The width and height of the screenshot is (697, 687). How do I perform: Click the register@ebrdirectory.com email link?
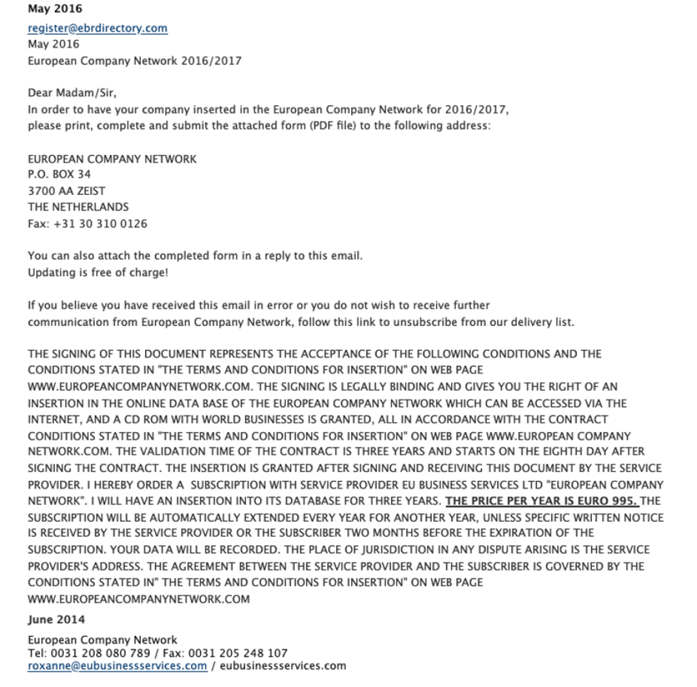(x=97, y=28)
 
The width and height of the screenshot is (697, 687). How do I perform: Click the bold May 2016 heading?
(x=55, y=10)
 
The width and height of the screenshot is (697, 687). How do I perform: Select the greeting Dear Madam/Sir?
(x=72, y=93)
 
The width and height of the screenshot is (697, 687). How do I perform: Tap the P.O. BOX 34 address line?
(x=59, y=174)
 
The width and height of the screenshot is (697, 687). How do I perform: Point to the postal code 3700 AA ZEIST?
(x=66, y=191)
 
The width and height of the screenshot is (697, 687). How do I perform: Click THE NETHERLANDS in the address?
(x=78, y=207)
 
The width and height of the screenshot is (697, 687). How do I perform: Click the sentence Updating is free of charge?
(x=97, y=272)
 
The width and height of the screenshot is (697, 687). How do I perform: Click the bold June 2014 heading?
(x=56, y=620)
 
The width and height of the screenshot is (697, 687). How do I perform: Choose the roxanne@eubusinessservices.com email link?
(x=117, y=666)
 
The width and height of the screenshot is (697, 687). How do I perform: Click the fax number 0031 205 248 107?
(x=237, y=653)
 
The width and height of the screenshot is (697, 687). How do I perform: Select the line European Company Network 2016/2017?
(x=134, y=61)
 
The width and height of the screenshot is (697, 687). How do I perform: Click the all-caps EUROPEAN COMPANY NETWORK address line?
(x=112, y=159)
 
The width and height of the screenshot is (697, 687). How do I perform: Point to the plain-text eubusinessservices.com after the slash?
(x=283, y=666)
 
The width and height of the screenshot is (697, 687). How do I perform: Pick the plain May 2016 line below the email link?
(x=54, y=45)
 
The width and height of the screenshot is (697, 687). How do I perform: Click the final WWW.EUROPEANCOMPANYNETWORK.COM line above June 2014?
(x=138, y=599)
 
